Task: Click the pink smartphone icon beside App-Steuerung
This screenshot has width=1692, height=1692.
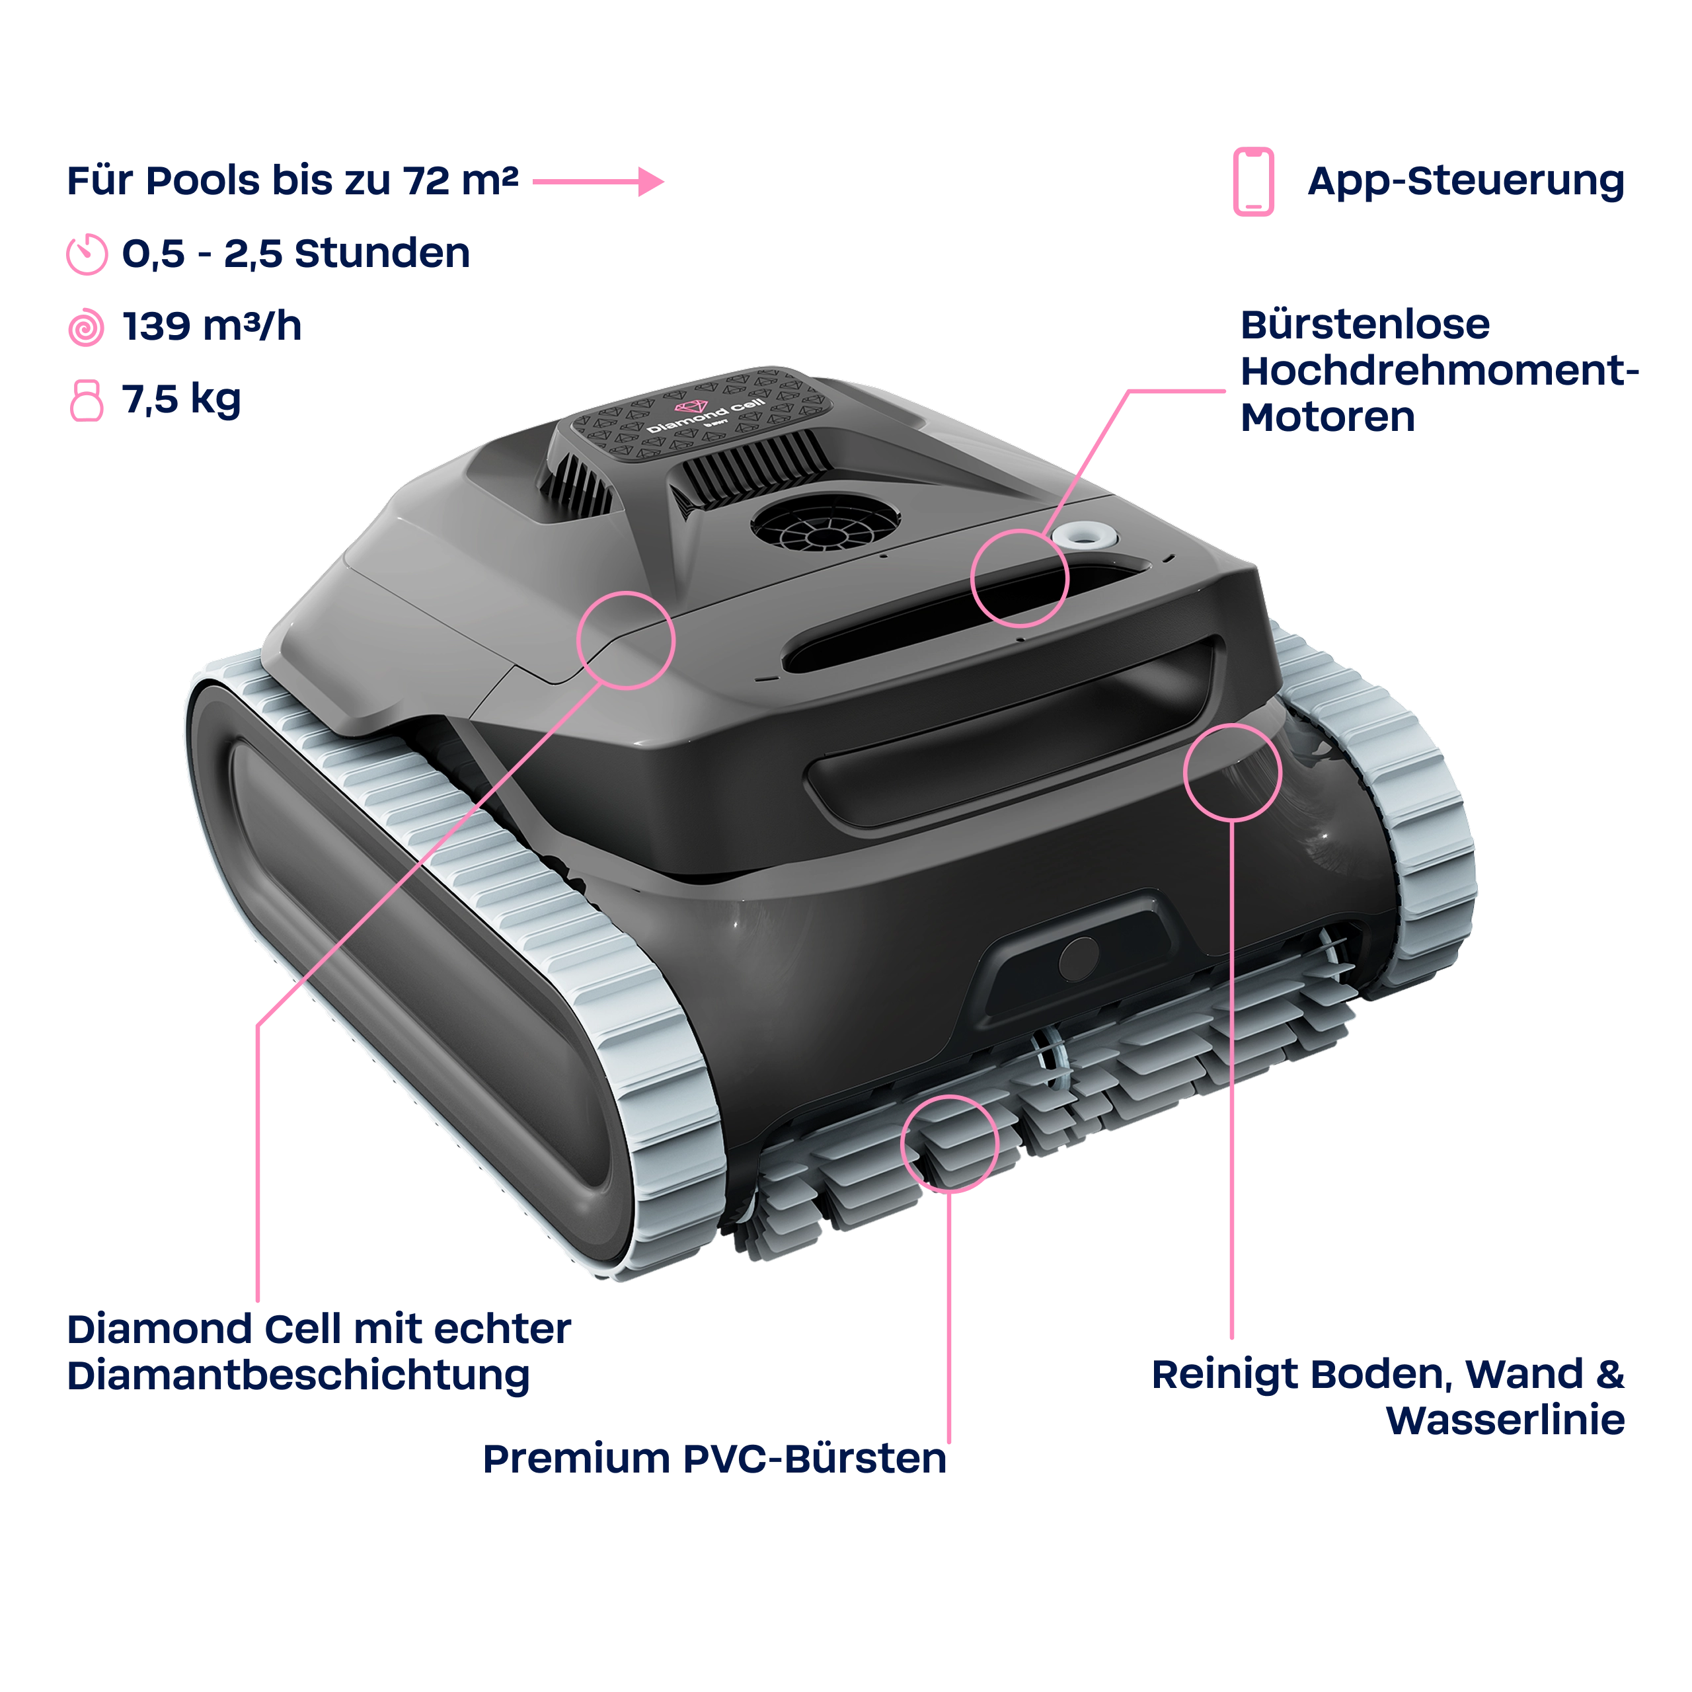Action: pyautogui.click(x=1253, y=181)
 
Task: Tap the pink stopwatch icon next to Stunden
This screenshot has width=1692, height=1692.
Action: pyautogui.click(x=87, y=254)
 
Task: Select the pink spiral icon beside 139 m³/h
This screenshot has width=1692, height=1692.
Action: pyautogui.click(x=86, y=328)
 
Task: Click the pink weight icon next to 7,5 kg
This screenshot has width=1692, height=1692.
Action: pyautogui.click(x=87, y=401)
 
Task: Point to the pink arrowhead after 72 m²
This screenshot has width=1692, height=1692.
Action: pyautogui.click(x=651, y=181)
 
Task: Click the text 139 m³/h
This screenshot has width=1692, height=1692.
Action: pyautogui.click(x=212, y=326)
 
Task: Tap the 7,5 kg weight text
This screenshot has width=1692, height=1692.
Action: pyautogui.click(x=181, y=399)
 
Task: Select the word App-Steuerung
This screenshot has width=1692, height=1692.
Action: pyautogui.click(x=1466, y=181)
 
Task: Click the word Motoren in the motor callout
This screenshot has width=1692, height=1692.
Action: pyautogui.click(x=1328, y=417)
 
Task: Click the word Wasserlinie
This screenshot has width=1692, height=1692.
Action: pyautogui.click(x=1506, y=1420)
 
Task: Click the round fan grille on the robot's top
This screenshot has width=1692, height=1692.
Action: pyautogui.click(x=825, y=523)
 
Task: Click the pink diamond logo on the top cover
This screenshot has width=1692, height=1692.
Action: pyautogui.click(x=690, y=407)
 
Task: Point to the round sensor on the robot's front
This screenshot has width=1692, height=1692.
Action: pyautogui.click(x=1078, y=959)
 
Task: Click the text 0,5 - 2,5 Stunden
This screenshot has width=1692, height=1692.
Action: pyautogui.click(x=296, y=253)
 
